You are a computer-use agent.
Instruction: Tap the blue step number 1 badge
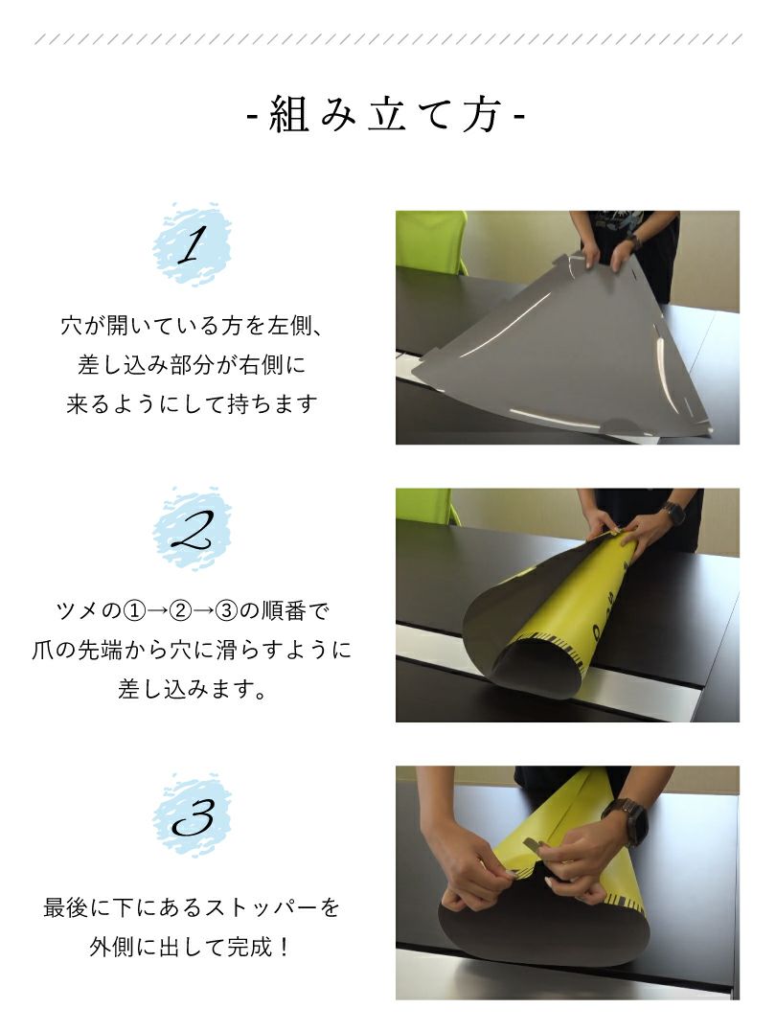(x=192, y=245)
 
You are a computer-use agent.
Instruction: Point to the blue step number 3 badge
(x=192, y=815)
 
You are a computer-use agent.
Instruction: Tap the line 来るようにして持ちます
(x=192, y=404)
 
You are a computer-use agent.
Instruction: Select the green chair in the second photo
(x=426, y=505)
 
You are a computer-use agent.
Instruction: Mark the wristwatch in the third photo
(x=628, y=821)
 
